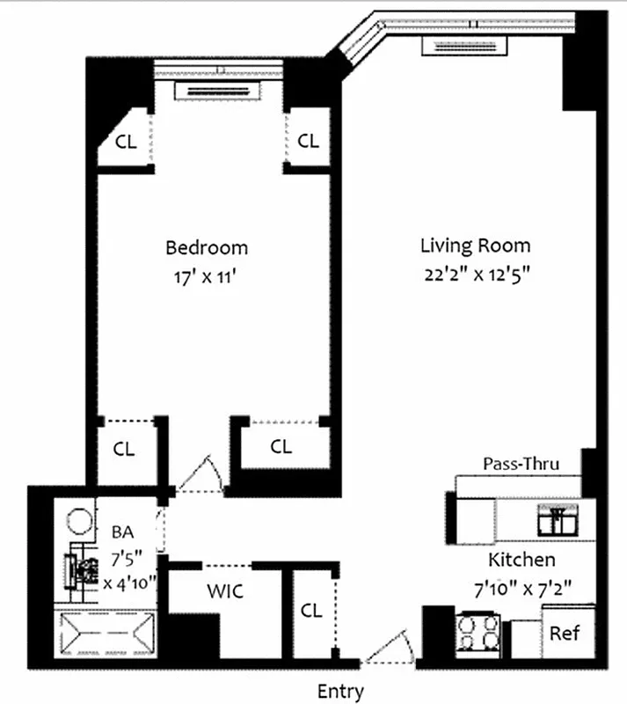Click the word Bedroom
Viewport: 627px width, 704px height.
click(207, 247)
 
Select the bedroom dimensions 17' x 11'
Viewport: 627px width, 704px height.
click(207, 275)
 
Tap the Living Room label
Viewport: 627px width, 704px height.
click(475, 246)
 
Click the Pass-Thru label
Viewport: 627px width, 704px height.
click(521, 464)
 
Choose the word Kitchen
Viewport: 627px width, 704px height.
click(521, 560)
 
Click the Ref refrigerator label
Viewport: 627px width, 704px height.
click(564, 633)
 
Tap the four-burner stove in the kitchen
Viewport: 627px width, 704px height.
click(478, 633)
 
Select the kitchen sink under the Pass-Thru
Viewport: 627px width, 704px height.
click(557, 521)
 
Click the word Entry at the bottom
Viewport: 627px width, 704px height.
click(340, 692)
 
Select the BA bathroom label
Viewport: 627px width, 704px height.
click(121, 532)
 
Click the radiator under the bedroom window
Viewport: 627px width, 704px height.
click(217, 90)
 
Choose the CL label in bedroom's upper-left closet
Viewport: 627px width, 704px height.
click(127, 141)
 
